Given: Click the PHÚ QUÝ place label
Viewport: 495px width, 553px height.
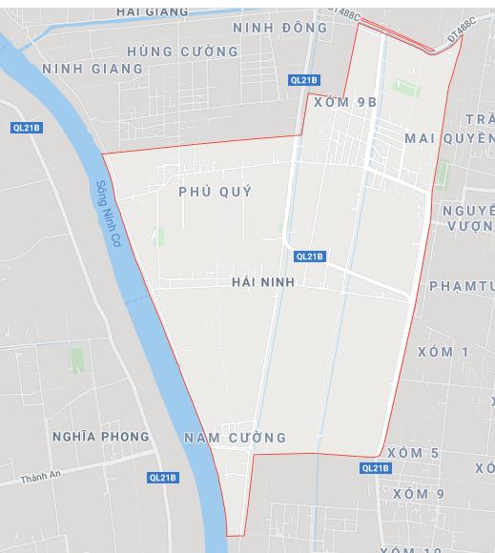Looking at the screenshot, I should pos(216,192).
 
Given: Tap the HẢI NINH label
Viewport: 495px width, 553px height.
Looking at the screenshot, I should pos(263,282).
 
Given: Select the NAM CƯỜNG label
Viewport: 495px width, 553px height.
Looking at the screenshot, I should pos(235,438).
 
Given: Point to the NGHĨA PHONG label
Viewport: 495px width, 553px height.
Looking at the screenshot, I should pos(101,437).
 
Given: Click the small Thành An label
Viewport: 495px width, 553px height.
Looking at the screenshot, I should pos(40,475).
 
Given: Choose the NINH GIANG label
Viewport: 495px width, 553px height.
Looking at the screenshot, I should pos(93,69).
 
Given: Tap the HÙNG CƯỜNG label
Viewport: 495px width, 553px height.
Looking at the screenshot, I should pos(182,51).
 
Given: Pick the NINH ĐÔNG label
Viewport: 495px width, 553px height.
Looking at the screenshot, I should pos(279,28).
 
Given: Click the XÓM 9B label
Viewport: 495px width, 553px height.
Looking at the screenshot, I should pos(345,102).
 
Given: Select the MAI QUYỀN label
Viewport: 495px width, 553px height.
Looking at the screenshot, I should pos(448,138).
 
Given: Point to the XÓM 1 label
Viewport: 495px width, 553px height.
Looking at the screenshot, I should pos(443,352).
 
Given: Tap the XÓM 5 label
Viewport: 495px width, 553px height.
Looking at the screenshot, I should pos(414,453).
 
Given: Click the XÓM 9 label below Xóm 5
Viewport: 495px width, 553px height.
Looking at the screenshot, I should pos(419,494).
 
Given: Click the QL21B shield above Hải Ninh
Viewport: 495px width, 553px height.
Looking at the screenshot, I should pos(310,256).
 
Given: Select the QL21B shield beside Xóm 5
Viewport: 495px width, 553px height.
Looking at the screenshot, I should pos(376,468).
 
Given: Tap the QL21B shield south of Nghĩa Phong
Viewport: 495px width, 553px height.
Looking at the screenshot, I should pos(163,478).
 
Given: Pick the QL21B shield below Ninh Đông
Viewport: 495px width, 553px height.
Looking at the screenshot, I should pos(304,80).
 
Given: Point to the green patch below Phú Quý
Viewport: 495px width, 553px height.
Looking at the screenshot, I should pos(158,236).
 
